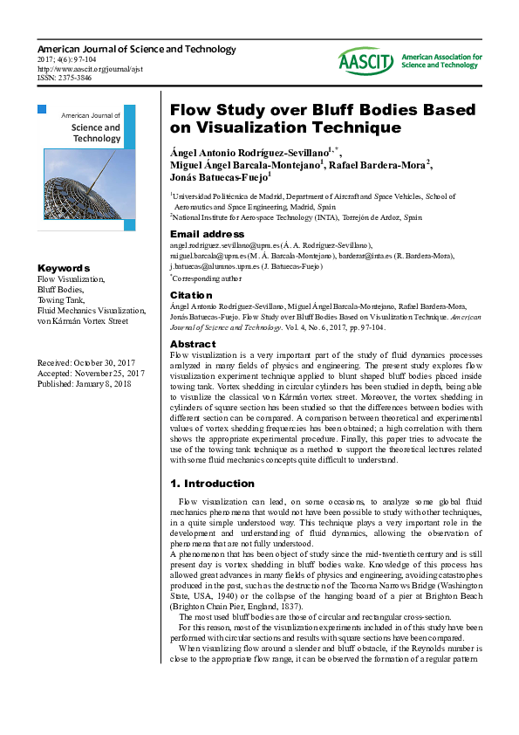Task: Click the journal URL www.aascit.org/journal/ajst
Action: [90, 68]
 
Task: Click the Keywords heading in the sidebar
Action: [63, 268]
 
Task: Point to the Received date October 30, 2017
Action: [86, 362]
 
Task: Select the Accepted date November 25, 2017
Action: [91, 373]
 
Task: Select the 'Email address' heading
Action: [207, 234]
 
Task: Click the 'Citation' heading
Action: [191, 295]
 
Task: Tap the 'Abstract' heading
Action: [193, 344]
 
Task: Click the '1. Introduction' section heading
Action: [211, 483]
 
